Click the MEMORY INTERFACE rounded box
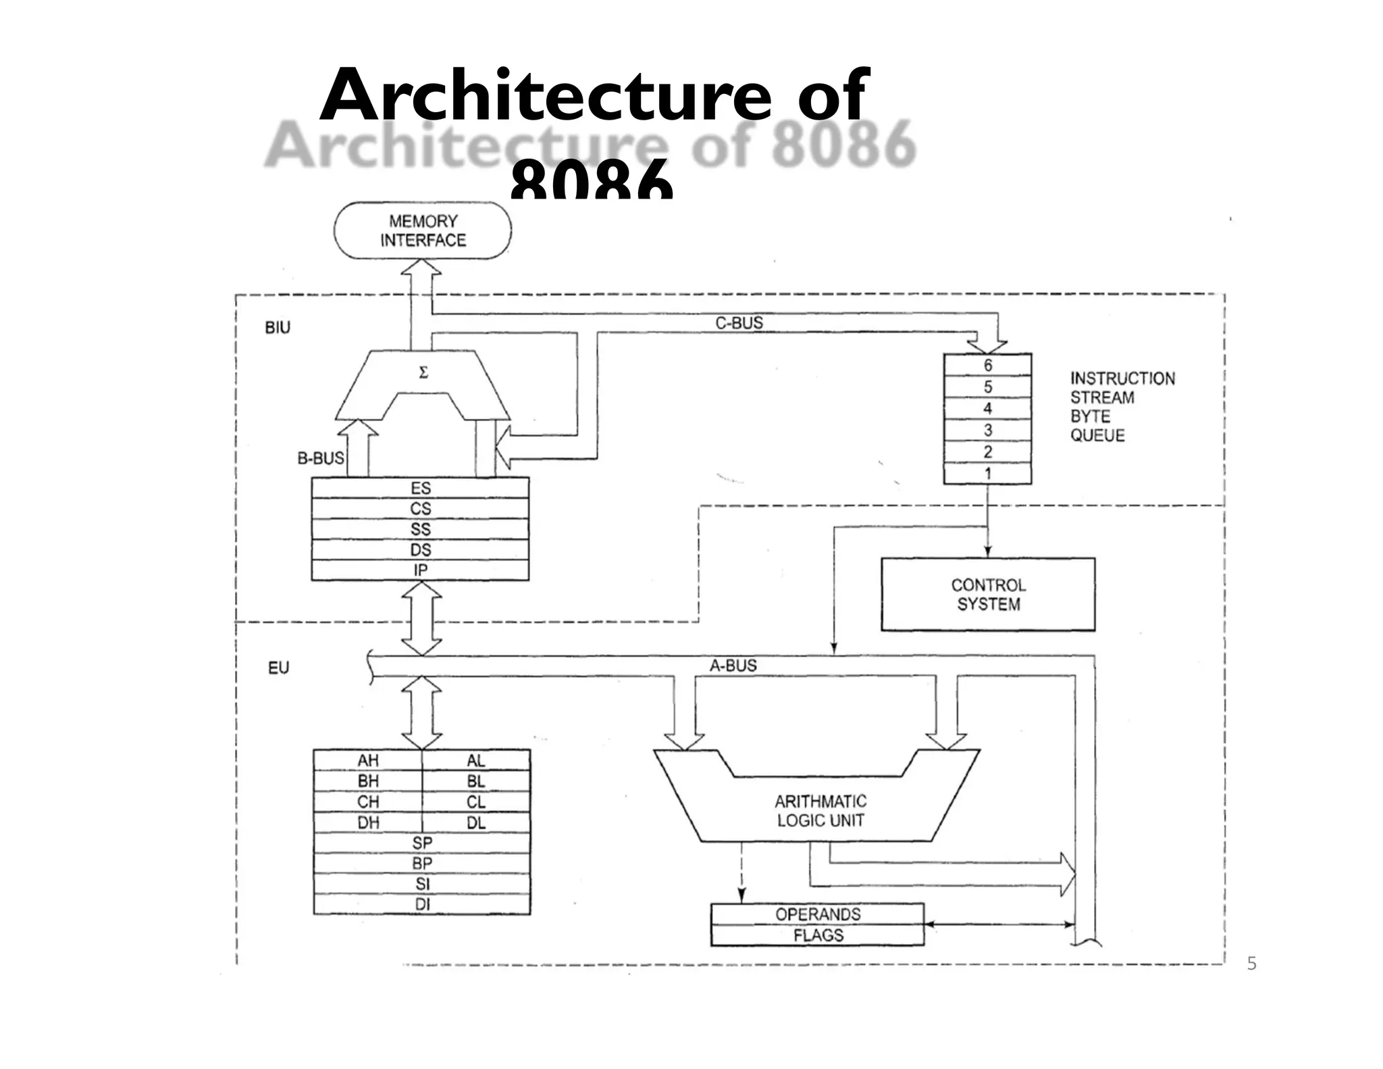click(x=423, y=230)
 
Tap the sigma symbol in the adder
click(x=423, y=373)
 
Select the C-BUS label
click(x=739, y=323)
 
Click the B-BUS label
click(x=320, y=458)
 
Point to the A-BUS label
click(x=733, y=666)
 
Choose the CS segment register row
click(x=420, y=508)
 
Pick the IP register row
click(x=420, y=570)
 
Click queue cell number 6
click(x=987, y=365)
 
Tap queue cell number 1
click(x=987, y=474)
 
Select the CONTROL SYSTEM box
click(x=987, y=595)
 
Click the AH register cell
click(x=368, y=760)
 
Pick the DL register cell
click(x=476, y=822)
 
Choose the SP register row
click(x=422, y=843)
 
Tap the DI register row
click(x=422, y=904)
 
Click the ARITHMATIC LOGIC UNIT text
click(x=820, y=811)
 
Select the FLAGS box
click(x=818, y=935)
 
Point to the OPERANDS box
click(x=818, y=914)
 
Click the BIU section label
click(x=278, y=328)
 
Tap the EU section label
click(x=278, y=668)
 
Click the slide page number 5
click(x=1251, y=964)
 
